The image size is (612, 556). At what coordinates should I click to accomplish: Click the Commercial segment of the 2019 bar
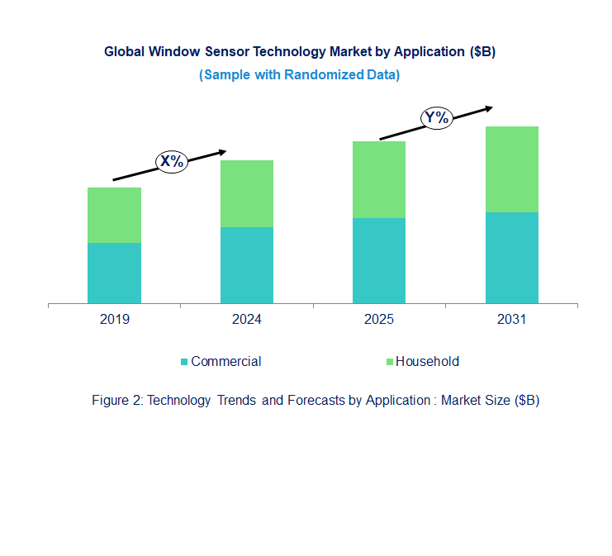[114, 273]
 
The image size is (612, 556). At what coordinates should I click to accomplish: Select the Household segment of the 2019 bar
[114, 215]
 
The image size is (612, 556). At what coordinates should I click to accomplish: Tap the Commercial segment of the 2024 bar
[246, 265]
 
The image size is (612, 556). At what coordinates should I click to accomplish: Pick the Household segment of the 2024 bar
[246, 193]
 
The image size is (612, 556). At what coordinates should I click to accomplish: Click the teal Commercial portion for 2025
[378, 260]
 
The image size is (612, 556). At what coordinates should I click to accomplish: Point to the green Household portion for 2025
[378, 179]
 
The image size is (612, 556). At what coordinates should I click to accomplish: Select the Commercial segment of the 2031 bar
[511, 258]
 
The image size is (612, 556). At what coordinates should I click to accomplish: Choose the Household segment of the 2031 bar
[511, 169]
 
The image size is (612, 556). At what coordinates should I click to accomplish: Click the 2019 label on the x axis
[114, 320]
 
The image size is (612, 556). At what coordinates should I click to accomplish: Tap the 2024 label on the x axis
[246, 320]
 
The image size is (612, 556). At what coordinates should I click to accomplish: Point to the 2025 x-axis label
[378, 320]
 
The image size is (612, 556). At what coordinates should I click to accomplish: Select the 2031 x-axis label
[511, 320]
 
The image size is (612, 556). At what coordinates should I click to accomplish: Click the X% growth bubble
[172, 162]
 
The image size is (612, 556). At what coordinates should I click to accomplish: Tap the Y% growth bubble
[436, 117]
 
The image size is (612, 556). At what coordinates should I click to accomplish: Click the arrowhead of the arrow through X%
[222, 151]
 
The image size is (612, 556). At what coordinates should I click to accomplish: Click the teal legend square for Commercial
[184, 362]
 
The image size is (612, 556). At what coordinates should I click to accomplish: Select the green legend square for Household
[389, 362]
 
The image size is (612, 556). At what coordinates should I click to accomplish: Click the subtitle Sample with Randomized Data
[300, 75]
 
